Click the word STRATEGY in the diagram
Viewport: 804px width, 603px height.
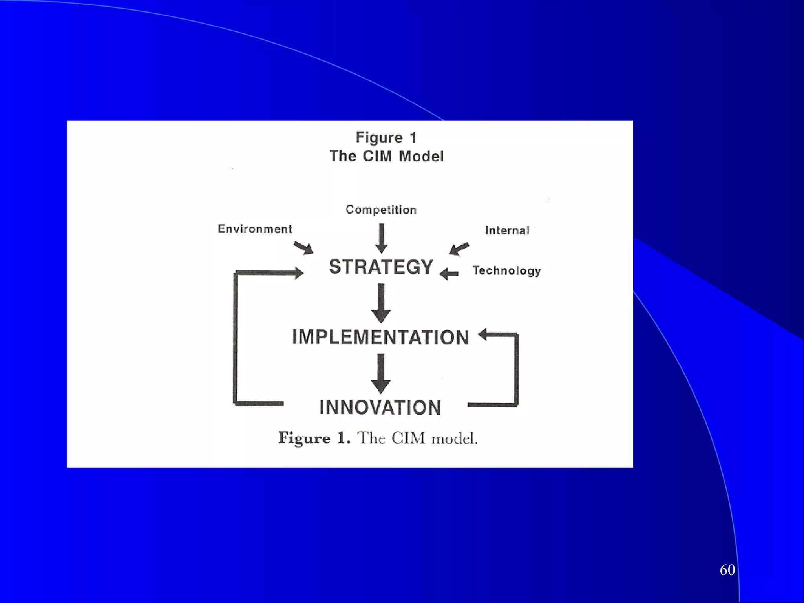pos(381,267)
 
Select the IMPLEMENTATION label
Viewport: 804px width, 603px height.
pos(380,337)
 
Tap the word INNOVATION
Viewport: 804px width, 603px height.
pos(380,407)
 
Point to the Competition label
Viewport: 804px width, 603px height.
pos(381,210)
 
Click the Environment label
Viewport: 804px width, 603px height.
pos(255,229)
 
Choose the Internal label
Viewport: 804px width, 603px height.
pos(507,230)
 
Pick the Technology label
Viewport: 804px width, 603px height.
pos(507,270)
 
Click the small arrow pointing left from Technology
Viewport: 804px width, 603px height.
pos(449,274)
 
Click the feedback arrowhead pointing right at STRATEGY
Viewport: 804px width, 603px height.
pos(298,273)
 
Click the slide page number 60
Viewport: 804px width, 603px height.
pos(727,570)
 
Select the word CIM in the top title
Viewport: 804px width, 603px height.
pos(377,156)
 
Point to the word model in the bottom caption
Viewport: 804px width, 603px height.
pos(454,439)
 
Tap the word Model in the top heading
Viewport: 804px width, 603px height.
pos(421,156)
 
